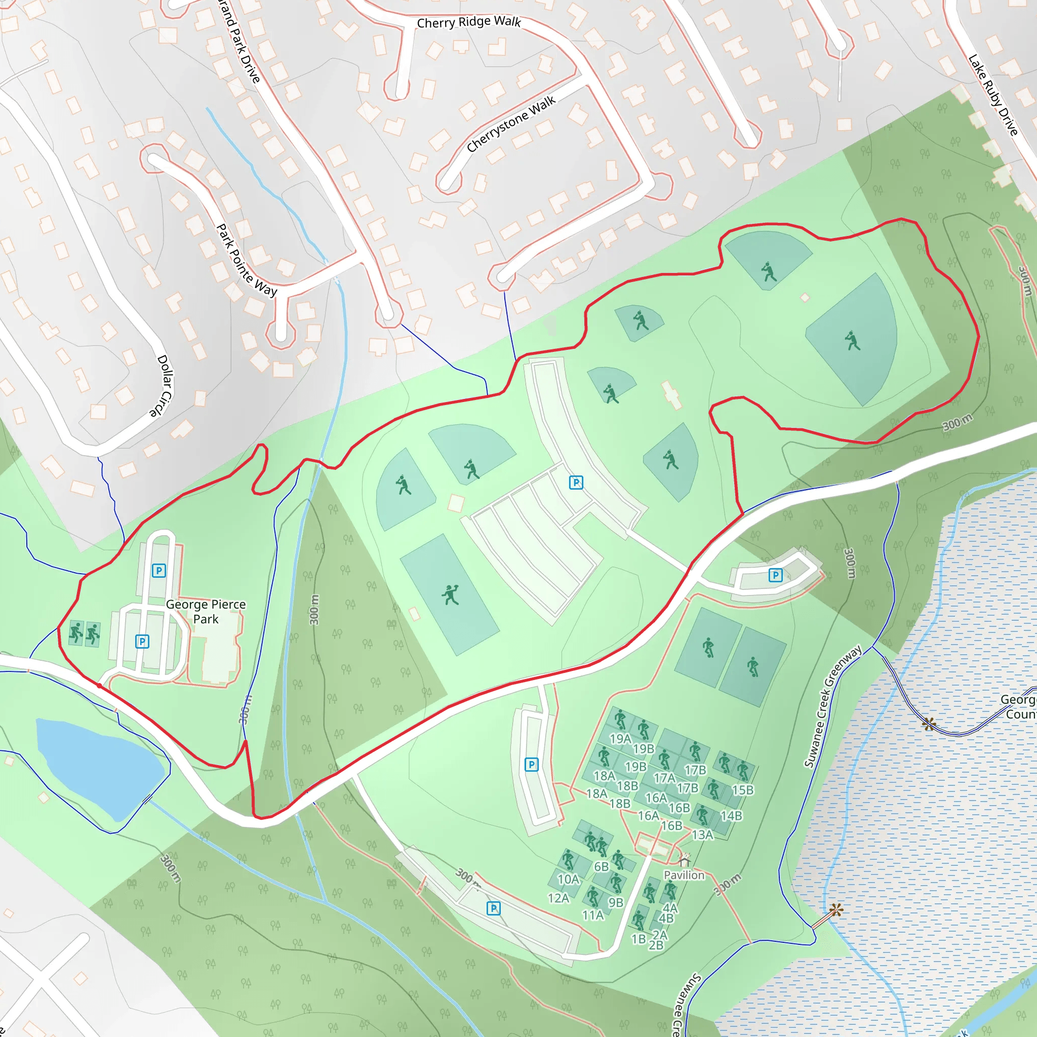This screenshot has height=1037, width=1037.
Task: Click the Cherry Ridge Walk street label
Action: [x=468, y=22]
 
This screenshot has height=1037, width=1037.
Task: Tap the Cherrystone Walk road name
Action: [x=510, y=125]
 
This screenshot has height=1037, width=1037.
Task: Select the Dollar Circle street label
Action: [x=162, y=385]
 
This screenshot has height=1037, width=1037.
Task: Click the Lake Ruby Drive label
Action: [x=993, y=95]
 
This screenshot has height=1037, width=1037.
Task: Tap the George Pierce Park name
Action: [x=206, y=611]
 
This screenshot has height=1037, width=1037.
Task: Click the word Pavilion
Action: [x=684, y=875]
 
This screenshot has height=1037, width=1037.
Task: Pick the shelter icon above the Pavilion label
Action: [x=684, y=860]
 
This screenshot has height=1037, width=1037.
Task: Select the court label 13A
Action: [x=702, y=834]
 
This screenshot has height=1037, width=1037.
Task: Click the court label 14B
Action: [x=731, y=816]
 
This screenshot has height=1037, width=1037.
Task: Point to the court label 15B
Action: [x=743, y=790]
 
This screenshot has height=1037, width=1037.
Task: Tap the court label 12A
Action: [x=558, y=898]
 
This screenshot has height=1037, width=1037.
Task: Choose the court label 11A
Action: [x=593, y=915]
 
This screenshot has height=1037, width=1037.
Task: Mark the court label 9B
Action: [x=616, y=903]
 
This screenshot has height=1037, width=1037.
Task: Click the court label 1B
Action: [x=638, y=939]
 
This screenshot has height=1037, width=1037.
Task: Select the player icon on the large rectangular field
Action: [x=450, y=594]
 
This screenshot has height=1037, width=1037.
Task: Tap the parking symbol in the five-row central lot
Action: [x=576, y=483]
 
